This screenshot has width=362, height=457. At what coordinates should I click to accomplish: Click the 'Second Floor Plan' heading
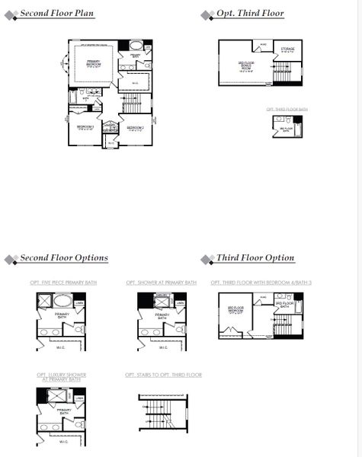click(x=56, y=14)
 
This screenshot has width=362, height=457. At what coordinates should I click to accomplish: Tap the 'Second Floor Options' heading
click(x=64, y=258)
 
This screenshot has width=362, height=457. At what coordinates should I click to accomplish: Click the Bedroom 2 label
click(x=136, y=127)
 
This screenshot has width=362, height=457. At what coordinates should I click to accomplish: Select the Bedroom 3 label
click(x=85, y=127)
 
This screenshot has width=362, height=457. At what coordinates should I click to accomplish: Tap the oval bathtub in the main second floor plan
click(x=135, y=45)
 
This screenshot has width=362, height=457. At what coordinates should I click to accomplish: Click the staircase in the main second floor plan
click(x=133, y=102)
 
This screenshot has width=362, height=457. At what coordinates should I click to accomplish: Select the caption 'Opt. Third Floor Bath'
click(x=287, y=110)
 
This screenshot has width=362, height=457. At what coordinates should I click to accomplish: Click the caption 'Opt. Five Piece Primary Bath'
click(x=63, y=283)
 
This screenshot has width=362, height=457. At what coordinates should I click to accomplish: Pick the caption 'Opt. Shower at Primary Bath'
click(x=161, y=283)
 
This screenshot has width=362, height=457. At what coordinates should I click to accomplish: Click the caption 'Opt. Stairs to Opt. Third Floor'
click(x=163, y=375)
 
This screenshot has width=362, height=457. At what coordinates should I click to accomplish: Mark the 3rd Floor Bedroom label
click(x=235, y=311)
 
